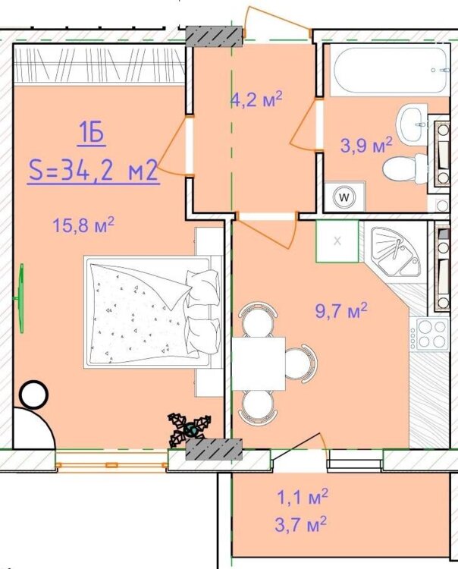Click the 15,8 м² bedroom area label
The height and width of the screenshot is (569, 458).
coord(83,225)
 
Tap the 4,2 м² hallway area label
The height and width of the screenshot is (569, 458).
coord(257,99)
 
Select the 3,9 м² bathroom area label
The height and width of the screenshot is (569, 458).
coord(366,144)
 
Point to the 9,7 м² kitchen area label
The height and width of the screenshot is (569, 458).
coord(342,310)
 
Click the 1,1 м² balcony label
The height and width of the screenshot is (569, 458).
coord(303,497)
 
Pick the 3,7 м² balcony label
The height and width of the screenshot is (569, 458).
coord(301,524)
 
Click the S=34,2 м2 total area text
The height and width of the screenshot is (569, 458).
coord(93,171)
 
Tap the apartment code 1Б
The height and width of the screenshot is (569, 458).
coord(92,134)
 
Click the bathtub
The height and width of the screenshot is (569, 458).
coord(390,71)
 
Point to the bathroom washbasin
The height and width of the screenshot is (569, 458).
coord(412,124)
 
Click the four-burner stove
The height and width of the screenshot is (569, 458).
coord(431,334)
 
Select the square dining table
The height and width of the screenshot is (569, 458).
coord(259,363)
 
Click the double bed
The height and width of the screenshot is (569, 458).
coord(153,312)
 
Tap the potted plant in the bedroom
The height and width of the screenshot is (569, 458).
coord(189,429)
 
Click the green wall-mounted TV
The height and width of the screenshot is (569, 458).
coord(20,298)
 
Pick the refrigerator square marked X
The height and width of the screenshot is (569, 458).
coord(337,241)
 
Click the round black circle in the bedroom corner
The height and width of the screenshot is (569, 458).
coord(34,395)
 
